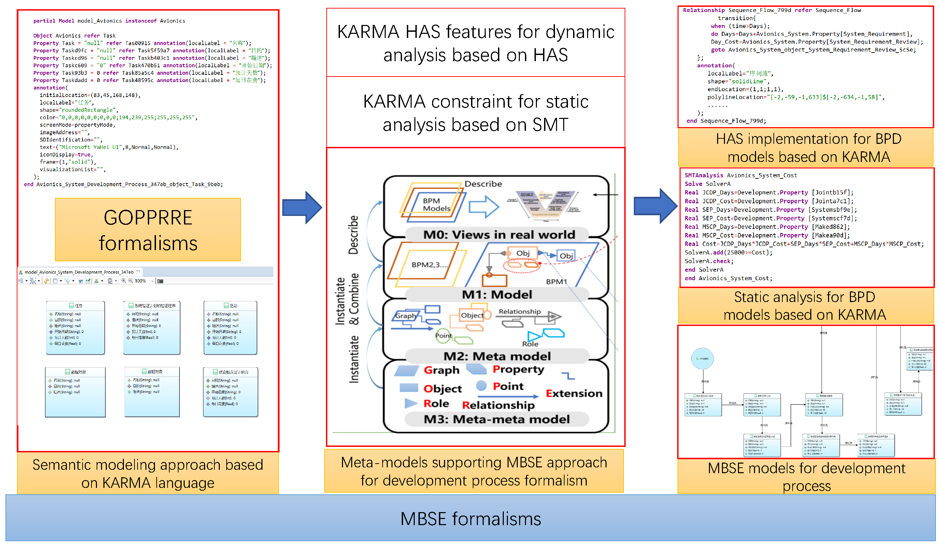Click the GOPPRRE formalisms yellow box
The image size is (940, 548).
tap(148, 230)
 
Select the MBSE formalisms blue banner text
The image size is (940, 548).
tap(470, 519)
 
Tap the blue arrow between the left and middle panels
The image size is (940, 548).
tap(301, 208)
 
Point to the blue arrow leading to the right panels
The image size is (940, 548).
tap(655, 206)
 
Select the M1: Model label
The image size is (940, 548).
tap(497, 294)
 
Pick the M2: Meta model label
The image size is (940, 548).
tap(497, 356)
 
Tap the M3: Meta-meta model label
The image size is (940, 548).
tap(497, 419)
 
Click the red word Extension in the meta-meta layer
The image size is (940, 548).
tap(574, 394)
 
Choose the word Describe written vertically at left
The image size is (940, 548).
tap(353, 235)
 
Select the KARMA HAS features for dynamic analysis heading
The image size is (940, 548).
tap(475, 43)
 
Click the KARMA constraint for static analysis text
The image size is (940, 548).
tap(475, 113)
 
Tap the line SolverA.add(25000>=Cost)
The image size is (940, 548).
tap(728, 253)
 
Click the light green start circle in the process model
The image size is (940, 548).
tap(702, 358)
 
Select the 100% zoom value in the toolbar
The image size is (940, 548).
tap(140, 281)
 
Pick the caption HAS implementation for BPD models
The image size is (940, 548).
tap(808, 148)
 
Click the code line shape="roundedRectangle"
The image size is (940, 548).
tap(79, 110)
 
